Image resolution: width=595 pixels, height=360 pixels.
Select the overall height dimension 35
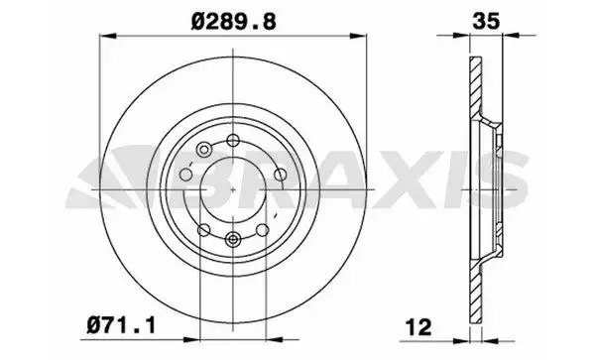[485, 17]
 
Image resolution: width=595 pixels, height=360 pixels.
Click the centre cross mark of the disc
[230, 188]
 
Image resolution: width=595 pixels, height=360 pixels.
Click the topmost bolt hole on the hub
[231, 140]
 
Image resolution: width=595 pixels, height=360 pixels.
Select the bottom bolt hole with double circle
[231, 238]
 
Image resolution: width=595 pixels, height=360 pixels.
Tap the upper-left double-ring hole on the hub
[203, 150]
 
